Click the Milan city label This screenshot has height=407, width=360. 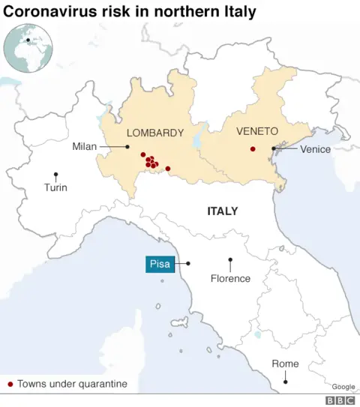click(85, 146)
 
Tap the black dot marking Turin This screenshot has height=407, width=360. click(55, 175)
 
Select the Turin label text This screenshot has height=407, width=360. click(55, 187)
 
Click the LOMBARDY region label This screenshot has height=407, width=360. click(155, 133)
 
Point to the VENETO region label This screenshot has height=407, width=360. click(257, 130)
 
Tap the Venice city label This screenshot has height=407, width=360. click(315, 149)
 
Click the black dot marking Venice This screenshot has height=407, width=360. click(274, 149)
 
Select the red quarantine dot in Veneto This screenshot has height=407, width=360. click(253, 148)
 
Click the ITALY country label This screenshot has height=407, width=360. click(222, 211)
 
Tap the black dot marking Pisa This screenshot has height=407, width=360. click(188, 263)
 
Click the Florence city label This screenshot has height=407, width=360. click(230, 279)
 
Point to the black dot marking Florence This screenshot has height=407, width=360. click(230, 260)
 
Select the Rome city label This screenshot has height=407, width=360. click(285, 364)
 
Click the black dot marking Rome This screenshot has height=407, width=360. click(285, 382)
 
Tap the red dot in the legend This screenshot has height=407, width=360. click(10, 385)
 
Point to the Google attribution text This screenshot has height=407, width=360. click(343, 386)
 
